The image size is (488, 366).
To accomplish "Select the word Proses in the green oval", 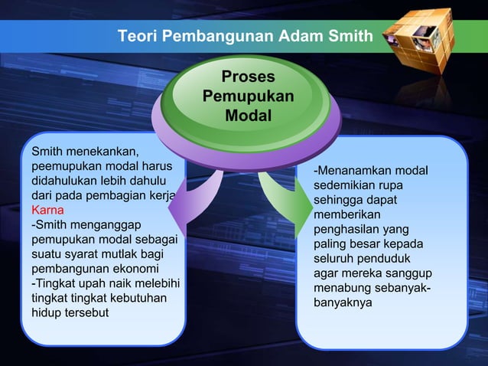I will pyautogui.click(x=248, y=77).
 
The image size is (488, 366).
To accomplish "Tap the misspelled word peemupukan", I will pyautogui.click(x=64, y=166).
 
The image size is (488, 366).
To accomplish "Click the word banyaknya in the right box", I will pyautogui.click(x=343, y=302).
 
